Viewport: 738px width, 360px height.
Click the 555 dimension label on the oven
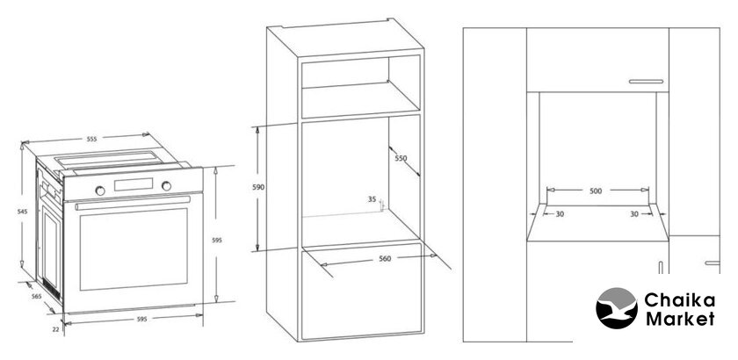click(x=91, y=139)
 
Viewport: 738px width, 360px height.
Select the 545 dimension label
click(x=23, y=212)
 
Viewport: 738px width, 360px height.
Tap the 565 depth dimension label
click(x=36, y=296)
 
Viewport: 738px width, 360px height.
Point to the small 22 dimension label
click(x=55, y=329)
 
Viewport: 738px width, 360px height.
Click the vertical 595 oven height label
click(x=216, y=240)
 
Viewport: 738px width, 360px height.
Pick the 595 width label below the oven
click(x=141, y=319)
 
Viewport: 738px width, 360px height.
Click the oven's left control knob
click(x=100, y=191)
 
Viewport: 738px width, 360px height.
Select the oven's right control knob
click(x=167, y=186)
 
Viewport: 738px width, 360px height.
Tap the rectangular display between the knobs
click(x=134, y=184)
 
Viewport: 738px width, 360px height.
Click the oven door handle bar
click(x=133, y=204)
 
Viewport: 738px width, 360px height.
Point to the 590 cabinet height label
click(x=258, y=187)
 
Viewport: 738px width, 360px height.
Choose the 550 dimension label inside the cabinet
click(x=401, y=158)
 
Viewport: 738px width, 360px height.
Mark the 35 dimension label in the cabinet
click(x=372, y=199)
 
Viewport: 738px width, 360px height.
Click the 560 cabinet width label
click(x=385, y=258)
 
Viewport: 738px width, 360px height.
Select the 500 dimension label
click(x=596, y=191)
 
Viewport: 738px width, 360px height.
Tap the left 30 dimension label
click(x=560, y=214)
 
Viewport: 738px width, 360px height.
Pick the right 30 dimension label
click(x=634, y=214)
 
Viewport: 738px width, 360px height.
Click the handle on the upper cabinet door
click(x=646, y=82)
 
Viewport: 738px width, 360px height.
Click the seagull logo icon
click(x=617, y=308)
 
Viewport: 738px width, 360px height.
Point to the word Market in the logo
click(x=680, y=319)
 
